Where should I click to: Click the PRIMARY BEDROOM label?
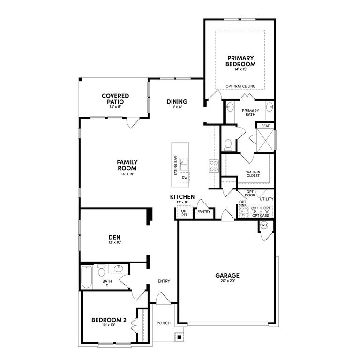pyautogui.click(x=240, y=61)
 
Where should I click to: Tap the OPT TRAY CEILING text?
pyautogui.click(x=240, y=86)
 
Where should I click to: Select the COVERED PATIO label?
pyautogui.click(x=115, y=98)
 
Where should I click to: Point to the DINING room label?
pyautogui.click(x=177, y=102)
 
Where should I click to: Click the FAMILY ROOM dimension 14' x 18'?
pyautogui.click(x=127, y=174)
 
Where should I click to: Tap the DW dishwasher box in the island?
pyautogui.click(x=184, y=178)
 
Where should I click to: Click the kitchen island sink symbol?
pyautogui.click(x=184, y=165)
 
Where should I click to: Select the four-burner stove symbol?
pyautogui.click(x=214, y=165)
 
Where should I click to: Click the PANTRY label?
pyautogui.click(x=204, y=212)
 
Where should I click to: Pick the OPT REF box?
pyautogui.click(x=184, y=213)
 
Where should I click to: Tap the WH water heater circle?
pyautogui.click(x=263, y=225)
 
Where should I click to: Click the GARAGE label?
pyautogui.click(x=227, y=276)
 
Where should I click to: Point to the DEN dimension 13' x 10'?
pyautogui.click(x=115, y=243)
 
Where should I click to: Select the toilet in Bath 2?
pyautogui.click(x=101, y=271)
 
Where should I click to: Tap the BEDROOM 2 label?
pyautogui.click(x=109, y=320)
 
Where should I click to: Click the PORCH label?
pyautogui.click(x=164, y=323)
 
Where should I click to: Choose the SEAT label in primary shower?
pyautogui.click(x=265, y=126)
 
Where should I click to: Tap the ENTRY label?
pyautogui.click(x=164, y=281)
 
